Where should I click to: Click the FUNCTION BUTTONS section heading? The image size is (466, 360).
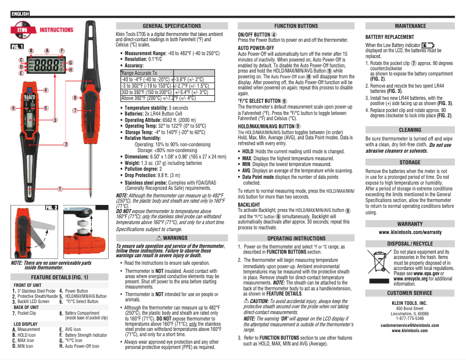pyautogui.click(x=296, y=26)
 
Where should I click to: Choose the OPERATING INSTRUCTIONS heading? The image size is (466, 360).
pyautogui.click(x=296, y=238)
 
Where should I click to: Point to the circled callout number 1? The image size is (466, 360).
pyautogui.click(x=60, y=189)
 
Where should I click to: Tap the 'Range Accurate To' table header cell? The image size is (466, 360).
pyautogui.click(x=139, y=73)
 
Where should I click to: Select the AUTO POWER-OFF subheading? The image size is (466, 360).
pyautogui.click(x=256, y=48)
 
